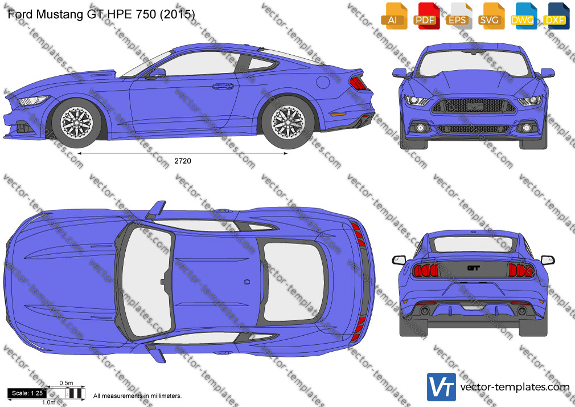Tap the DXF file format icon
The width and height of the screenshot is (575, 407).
click(556, 16)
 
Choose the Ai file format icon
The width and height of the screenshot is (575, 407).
click(394, 16)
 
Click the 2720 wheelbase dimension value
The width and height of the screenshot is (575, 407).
click(183, 161)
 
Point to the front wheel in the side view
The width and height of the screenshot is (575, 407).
click(77, 123)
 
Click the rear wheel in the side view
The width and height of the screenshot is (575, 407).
click(288, 122)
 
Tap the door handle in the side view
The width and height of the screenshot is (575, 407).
click(223, 86)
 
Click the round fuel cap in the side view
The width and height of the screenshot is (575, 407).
click(323, 82)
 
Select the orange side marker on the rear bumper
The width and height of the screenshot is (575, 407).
click(338, 114)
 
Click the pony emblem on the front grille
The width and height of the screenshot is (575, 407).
click(474, 107)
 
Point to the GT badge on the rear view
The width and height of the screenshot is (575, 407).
click(474, 268)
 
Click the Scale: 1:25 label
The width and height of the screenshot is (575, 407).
click(27, 393)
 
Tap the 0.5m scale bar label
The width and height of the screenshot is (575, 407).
click(66, 383)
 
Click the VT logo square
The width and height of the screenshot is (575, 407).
click(442, 387)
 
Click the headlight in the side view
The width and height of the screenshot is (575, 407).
click(34, 100)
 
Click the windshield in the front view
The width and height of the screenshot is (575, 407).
click(474, 63)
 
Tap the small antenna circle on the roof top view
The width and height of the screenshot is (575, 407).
click(247, 282)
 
